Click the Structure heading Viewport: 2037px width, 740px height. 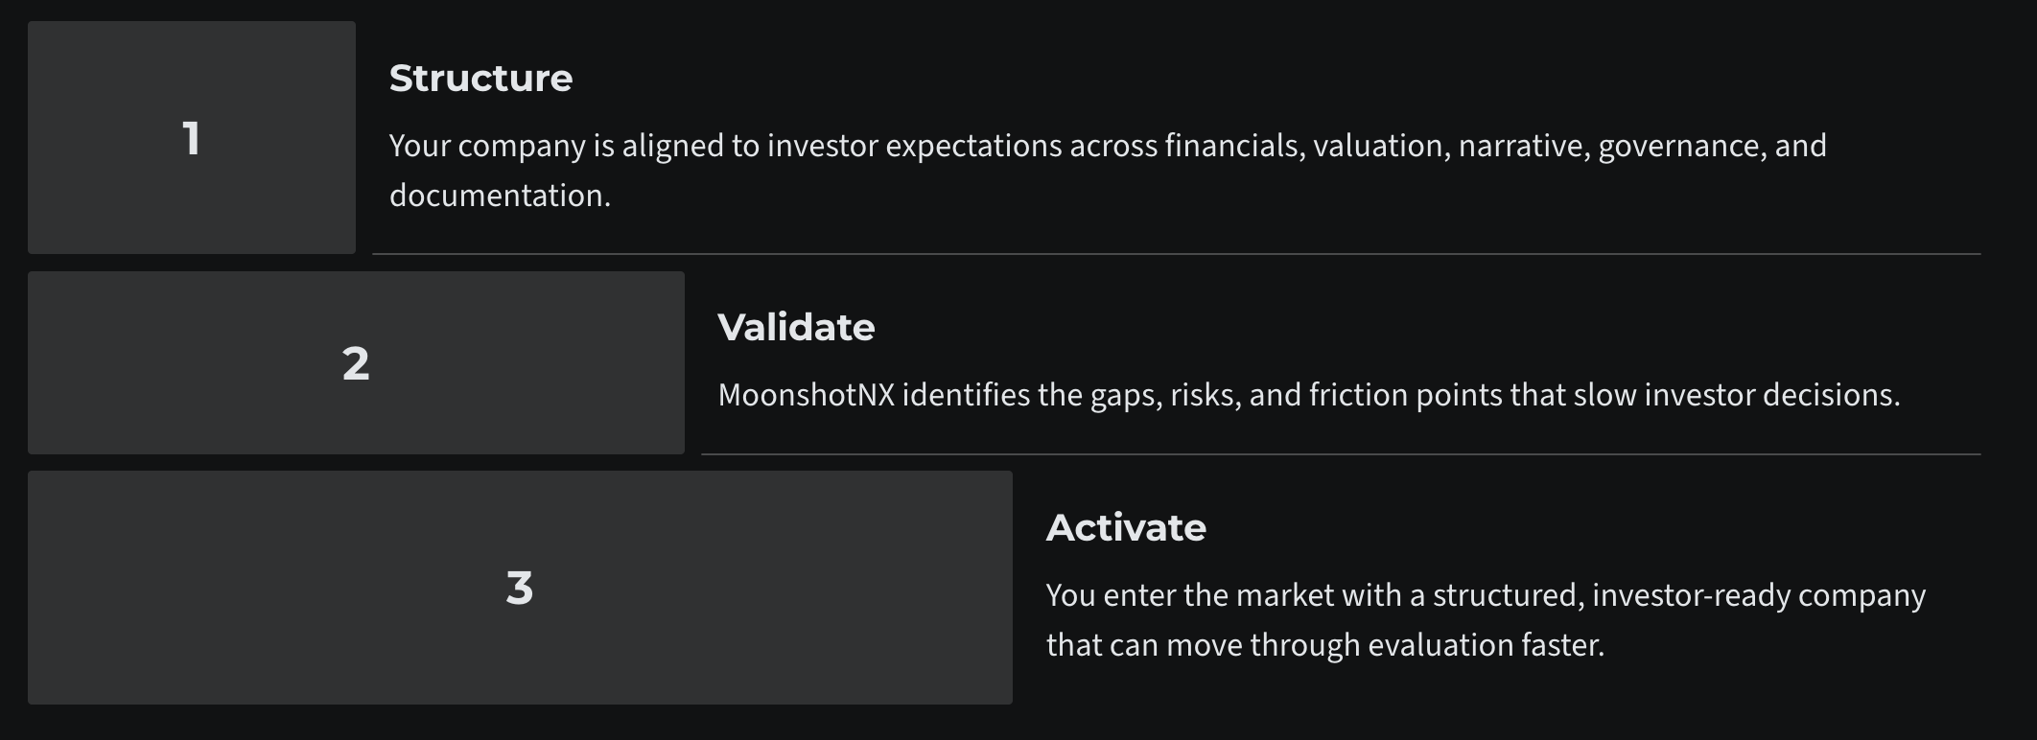click(480, 79)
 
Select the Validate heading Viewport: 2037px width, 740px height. click(796, 328)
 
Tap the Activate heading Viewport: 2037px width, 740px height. click(1126, 528)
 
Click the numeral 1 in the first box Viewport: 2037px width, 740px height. click(192, 138)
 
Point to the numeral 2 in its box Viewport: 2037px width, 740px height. click(356, 363)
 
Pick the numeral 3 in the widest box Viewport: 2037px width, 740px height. click(519, 588)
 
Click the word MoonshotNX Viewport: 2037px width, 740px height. click(806, 395)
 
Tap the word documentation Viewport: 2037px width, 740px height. click(499, 197)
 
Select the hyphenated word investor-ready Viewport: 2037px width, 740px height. click(1691, 596)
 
